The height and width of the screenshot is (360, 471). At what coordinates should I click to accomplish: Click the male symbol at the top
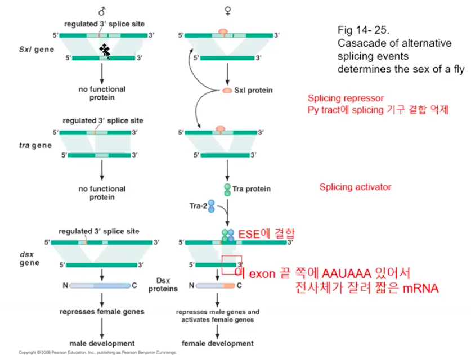click(102, 11)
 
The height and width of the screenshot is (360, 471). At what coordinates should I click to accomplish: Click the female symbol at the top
click(227, 11)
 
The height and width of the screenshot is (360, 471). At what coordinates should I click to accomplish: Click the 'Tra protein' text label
click(252, 190)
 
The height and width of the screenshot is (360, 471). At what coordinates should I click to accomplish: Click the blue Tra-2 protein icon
click(212, 206)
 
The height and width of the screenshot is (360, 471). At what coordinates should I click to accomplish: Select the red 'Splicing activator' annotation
click(355, 187)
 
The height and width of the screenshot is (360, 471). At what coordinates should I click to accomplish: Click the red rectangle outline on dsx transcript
click(232, 264)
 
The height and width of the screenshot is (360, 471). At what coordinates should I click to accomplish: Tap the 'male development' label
click(102, 343)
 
